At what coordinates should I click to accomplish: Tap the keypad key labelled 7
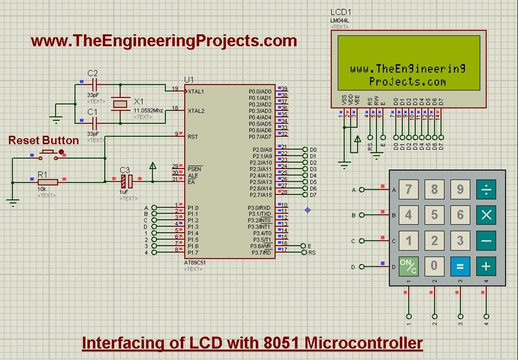click(x=409, y=190)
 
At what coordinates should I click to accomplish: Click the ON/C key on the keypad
click(x=409, y=266)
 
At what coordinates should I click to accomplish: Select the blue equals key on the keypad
click(x=460, y=266)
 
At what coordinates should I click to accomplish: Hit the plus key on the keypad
click(x=486, y=266)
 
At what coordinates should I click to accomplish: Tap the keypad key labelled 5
click(x=435, y=215)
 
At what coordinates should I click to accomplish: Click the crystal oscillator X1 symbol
click(x=120, y=104)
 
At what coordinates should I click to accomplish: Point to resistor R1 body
click(x=48, y=182)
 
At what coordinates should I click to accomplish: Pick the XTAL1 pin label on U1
click(x=196, y=92)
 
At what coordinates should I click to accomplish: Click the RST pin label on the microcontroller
click(x=193, y=137)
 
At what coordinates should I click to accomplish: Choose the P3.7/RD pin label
click(x=261, y=252)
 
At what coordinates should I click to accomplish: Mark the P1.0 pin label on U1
click(x=193, y=208)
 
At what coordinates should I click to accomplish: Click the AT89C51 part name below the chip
click(x=195, y=263)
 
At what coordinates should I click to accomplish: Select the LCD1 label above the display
click(x=340, y=12)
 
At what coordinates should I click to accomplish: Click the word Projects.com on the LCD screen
click(x=407, y=82)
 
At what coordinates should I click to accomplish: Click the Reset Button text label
click(x=44, y=140)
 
